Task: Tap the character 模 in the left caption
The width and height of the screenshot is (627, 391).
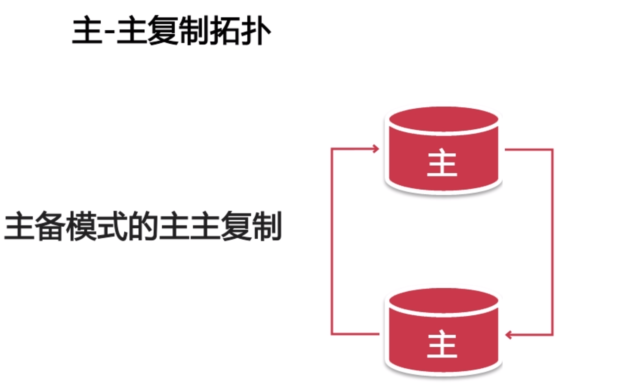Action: [81, 226]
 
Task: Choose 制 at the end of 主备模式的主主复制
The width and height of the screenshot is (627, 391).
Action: [267, 226]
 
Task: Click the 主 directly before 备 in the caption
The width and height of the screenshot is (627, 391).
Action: [20, 226]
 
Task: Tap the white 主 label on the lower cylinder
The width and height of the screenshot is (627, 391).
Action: [442, 344]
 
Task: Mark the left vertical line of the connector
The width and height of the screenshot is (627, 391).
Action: [332, 241]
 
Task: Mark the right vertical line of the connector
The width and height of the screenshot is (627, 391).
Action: [552, 241]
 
